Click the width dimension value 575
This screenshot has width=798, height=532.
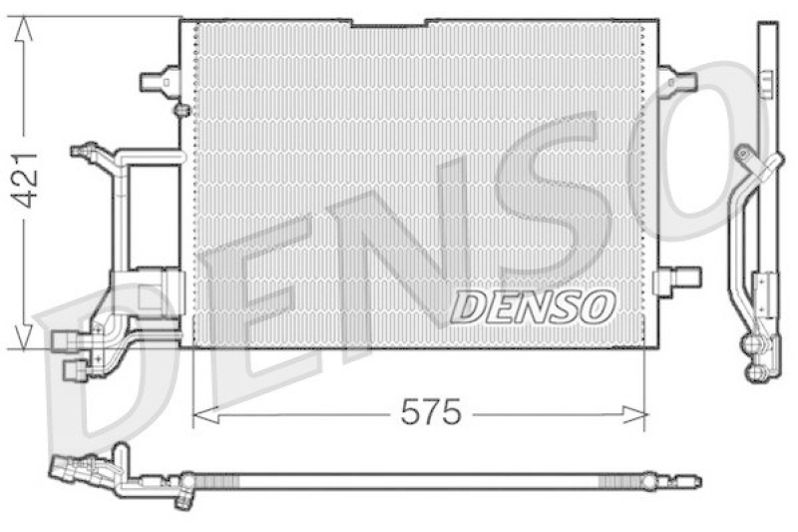(431, 412)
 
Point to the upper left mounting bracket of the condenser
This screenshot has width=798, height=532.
(160, 79)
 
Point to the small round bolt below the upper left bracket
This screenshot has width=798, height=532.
(181, 109)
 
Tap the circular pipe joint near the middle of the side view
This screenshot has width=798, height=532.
(743, 155)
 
